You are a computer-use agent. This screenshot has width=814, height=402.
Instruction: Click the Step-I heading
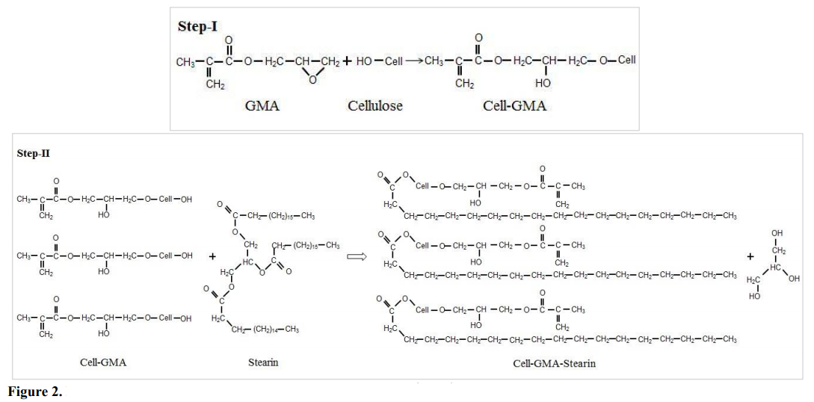tap(197, 26)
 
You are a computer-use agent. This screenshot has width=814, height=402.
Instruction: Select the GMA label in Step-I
tap(262, 105)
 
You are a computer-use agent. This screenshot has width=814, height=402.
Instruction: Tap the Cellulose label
tap(375, 105)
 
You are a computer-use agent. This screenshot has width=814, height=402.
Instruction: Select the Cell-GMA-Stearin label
tap(554, 364)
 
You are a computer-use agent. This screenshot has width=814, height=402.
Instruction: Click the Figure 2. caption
tap(34, 392)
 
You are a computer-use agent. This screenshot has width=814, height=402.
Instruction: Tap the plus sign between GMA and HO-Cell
tap(347, 61)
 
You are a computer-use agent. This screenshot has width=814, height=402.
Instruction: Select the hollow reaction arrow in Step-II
tap(355, 256)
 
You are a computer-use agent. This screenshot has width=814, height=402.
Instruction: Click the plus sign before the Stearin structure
tap(212, 256)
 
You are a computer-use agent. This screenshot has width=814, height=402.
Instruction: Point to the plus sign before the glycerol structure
tap(750, 256)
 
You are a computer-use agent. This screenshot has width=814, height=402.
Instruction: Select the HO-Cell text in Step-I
tap(379, 61)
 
